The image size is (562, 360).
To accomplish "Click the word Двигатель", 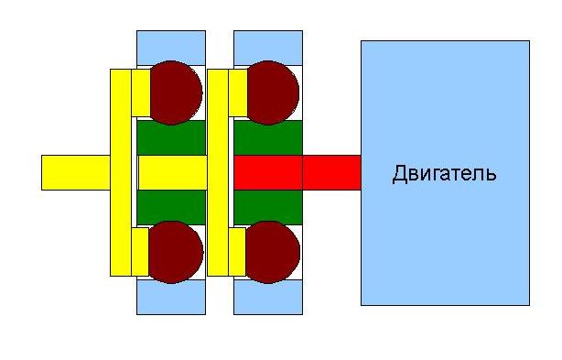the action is [445, 173].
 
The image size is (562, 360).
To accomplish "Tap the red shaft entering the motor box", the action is [297, 172].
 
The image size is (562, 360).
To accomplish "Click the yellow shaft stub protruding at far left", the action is [76, 172].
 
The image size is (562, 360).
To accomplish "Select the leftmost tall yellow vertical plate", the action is [121, 172].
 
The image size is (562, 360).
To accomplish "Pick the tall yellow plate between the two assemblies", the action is [218, 172].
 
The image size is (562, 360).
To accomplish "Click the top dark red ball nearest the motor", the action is [273, 93].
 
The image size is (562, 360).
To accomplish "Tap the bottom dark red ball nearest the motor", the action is [273, 252].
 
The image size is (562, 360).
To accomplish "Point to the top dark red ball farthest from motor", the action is [176, 93].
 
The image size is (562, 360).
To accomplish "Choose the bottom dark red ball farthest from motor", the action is [176, 252].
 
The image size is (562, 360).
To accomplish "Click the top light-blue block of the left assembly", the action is [171, 48].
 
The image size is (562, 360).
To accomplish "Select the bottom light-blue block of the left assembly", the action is [171, 297].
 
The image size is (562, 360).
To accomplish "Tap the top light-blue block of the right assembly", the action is [268, 48].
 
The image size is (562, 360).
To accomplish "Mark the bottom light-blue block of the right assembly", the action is [268, 297].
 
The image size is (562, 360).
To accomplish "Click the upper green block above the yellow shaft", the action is [171, 137].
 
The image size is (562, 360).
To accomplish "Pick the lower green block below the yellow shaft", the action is [171, 207].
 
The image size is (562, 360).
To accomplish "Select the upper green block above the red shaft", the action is [268, 137].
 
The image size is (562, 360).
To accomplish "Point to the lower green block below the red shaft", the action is [268, 207].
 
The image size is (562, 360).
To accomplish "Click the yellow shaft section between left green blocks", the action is [173, 172].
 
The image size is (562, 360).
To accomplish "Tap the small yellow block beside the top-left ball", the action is [141, 93].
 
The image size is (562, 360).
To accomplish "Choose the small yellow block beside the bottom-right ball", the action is [237, 252].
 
